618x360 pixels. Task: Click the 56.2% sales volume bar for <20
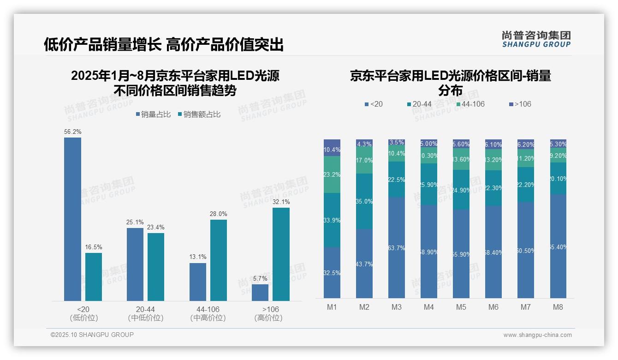click(72, 219)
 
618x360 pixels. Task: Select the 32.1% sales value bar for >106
click(281, 254)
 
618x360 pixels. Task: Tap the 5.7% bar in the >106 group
click(260, 293)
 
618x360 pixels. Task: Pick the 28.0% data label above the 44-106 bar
click(219, 214)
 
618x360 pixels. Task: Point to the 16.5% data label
click(94, 247)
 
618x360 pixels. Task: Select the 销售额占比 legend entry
click(199, 114)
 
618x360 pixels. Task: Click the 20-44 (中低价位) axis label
click(146, 313)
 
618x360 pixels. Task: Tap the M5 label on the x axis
click(461, 307)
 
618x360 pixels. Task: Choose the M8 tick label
click(558, 307)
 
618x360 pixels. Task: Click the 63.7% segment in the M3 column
click(397, 248)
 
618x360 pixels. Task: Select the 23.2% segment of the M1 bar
click(332, 174)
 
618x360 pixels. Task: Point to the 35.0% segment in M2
click(364, 201)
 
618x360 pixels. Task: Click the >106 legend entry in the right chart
click(520, 104)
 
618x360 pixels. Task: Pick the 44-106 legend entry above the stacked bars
click(470, 104)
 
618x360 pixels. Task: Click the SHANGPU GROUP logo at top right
click(536, 39)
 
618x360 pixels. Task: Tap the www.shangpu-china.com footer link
click(537, 335)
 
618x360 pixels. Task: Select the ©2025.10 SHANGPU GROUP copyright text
click(92, 335)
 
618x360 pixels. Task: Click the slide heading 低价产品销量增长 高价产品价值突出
click(163, 45)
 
